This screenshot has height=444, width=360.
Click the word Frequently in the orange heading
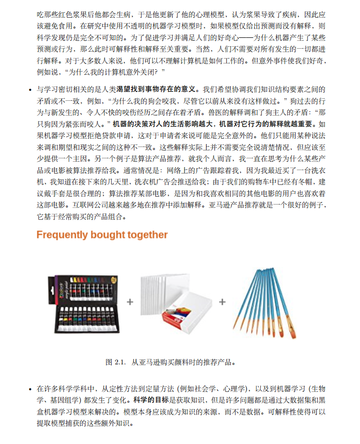pyautogui.click(x=61, y=235)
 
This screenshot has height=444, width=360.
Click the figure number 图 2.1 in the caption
pyautogui.click(x=116, y=362)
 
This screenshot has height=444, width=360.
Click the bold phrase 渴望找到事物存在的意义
pyautogui.click(x=158, y=89)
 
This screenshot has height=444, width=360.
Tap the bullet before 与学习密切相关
pyautogui.click(x=30, y=89)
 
